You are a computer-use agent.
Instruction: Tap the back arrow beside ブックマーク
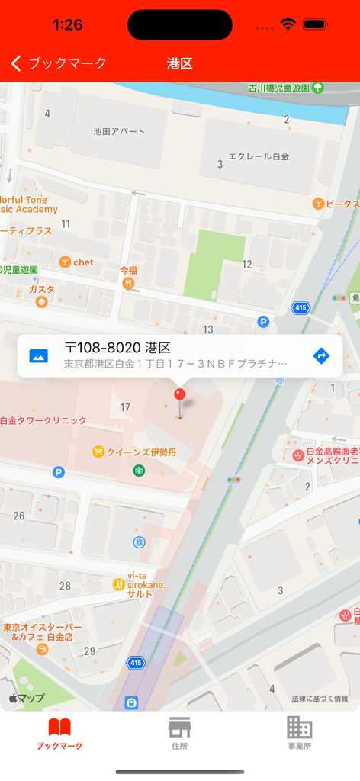(x=16, y=63)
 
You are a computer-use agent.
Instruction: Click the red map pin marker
(x=180, y=395)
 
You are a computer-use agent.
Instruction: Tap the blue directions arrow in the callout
(x=321, y=355)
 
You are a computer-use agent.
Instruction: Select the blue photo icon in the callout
(x=38, y=355)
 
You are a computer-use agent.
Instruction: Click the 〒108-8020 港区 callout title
(x=117, y=348)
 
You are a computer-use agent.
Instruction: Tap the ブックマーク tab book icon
(x=59, y=728)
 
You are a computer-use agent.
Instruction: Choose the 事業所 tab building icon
(x=299, y=728)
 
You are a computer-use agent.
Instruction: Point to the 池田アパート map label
(x=119, y=131)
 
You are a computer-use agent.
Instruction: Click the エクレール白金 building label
(x=259, y=156)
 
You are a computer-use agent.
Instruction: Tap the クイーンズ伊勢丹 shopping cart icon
(x=98, y=452)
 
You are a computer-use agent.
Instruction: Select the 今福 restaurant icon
(x=128, y=283)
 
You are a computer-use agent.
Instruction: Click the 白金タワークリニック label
(x=43, y=420)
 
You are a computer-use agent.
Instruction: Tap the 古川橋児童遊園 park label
(x=279, y=88)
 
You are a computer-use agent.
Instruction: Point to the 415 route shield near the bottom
(x=136, y=662)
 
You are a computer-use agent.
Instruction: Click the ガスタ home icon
(x=41, y=302)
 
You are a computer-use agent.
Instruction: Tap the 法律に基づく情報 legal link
(x=320, y=699)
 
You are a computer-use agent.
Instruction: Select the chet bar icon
(x=65, y=262)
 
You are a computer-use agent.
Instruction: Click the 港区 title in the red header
(x=180, y=63)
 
